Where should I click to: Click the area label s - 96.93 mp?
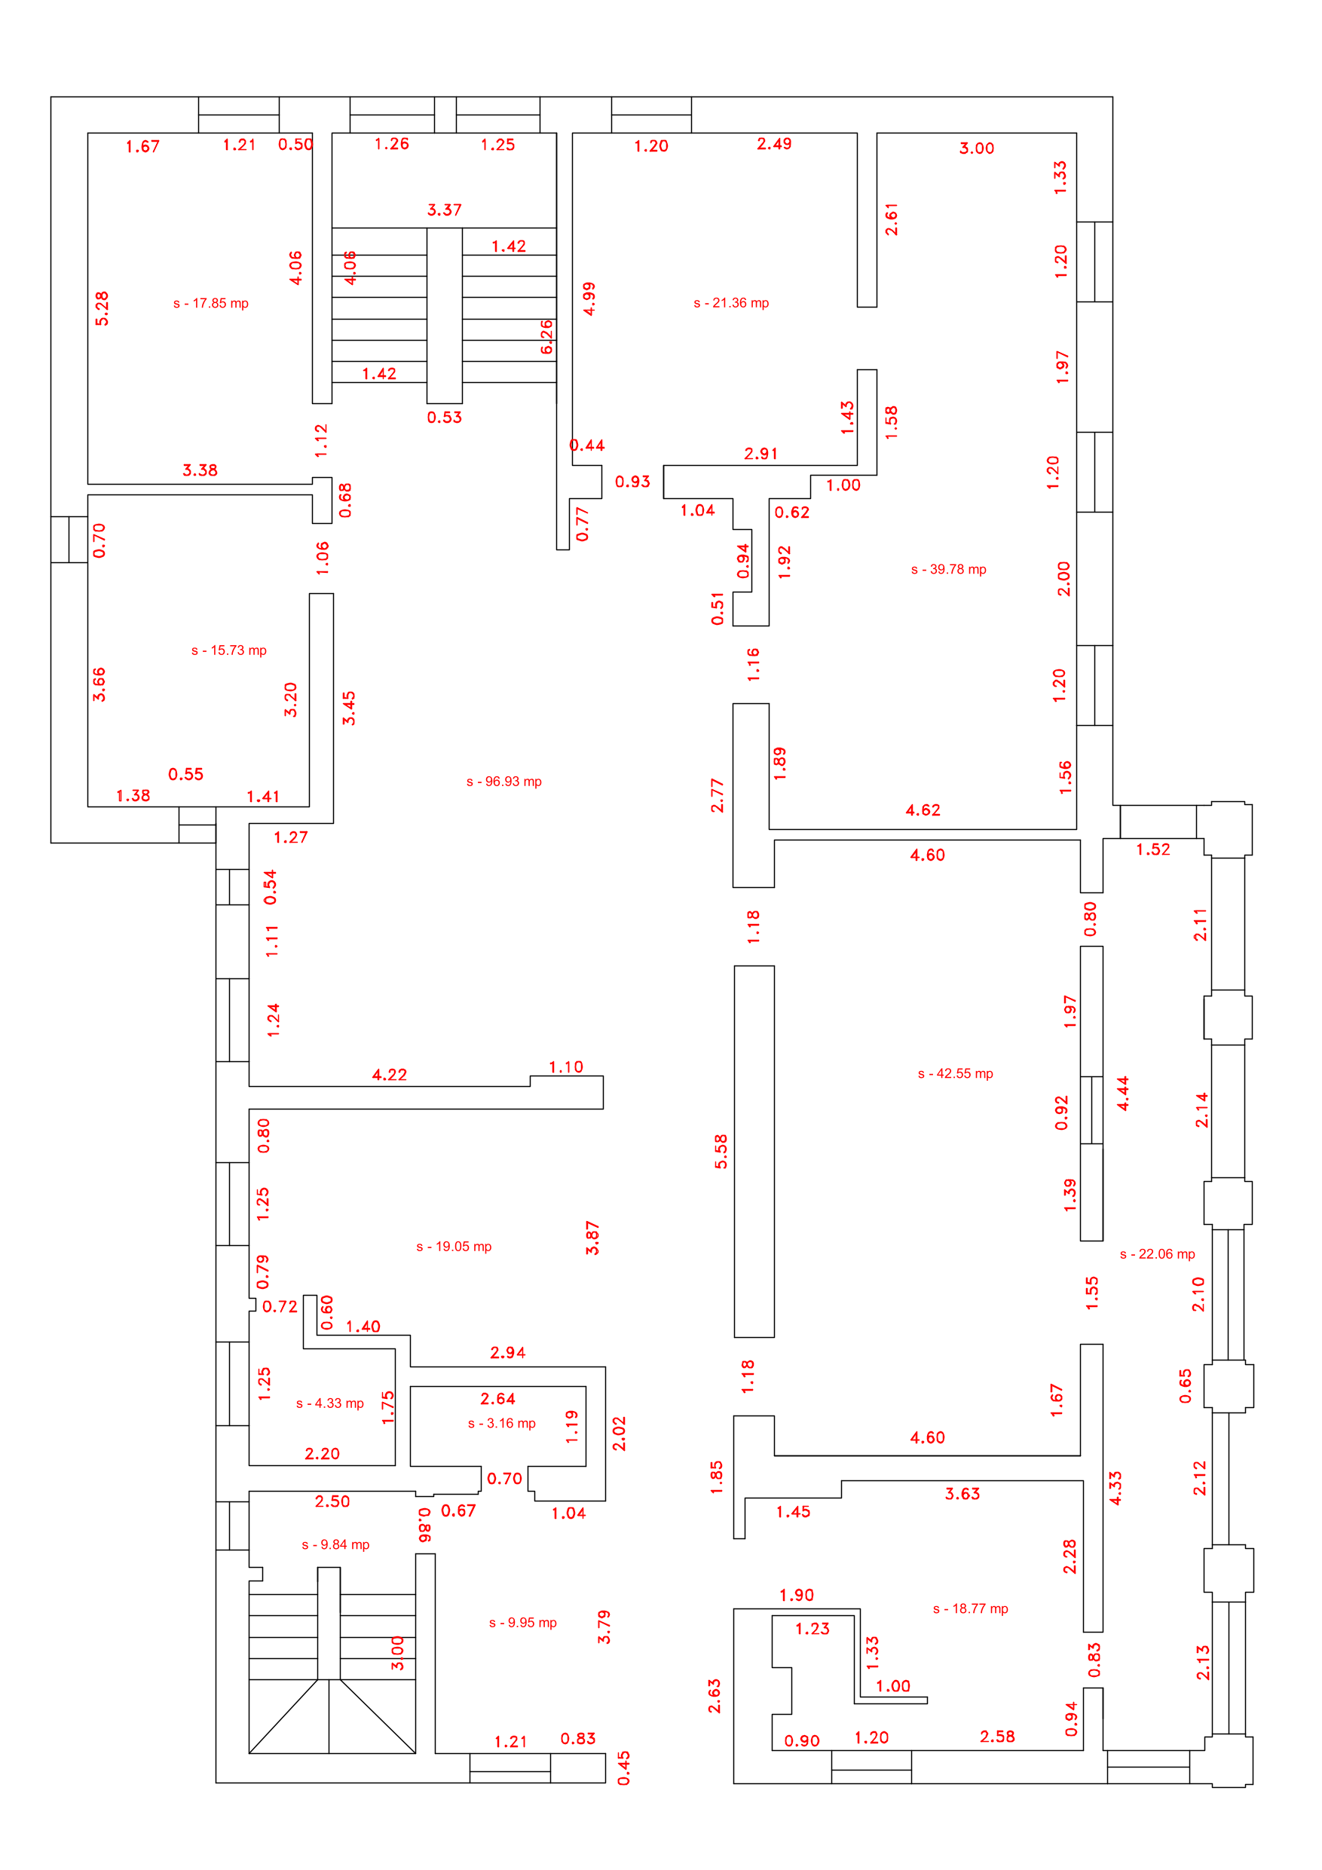[503, 782]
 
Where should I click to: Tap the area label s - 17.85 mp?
[210, 304]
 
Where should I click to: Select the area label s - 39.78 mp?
[948, 569]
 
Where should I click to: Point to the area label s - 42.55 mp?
[956, 1073]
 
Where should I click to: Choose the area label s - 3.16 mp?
[502, 1424]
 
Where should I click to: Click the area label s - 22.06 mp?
[1158, 1254]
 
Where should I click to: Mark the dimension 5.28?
[102, 309]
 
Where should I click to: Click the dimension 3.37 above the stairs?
[445, 210]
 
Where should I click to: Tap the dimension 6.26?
[546, 336]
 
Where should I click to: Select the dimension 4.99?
[589, 299]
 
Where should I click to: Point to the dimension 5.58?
[721, 1152]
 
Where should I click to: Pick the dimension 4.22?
[390, 1075]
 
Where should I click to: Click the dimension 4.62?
[923, 810]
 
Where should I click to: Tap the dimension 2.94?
[507, 1353]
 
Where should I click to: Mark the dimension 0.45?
[623, 1768]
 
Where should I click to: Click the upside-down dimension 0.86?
[424, 1525]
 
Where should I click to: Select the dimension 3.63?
[962, 1494]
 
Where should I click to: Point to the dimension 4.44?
[1122, 1094]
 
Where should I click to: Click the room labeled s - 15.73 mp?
[229, 650]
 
